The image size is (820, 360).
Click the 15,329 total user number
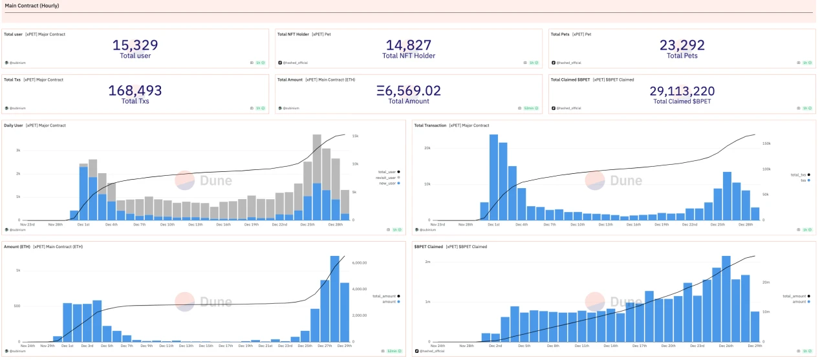[135, 45]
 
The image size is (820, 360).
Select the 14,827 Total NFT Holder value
[408, 45]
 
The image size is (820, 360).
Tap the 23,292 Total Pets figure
[682, 45]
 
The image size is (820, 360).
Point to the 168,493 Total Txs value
[135, 91]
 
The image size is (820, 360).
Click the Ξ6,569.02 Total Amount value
[408, 91]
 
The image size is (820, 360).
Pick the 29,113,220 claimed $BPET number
[682, 91]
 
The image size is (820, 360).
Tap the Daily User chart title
[14, 125]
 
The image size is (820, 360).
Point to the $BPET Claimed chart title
[427, 246]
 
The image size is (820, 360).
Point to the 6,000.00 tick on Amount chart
[360, 263]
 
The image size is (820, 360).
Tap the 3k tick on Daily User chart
[19, 150]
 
